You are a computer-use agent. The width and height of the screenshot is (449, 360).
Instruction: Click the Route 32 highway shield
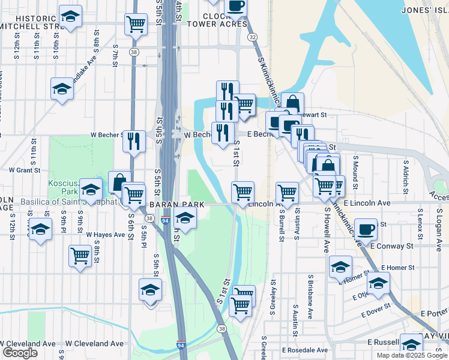pyautogui.click(x=253, y=37)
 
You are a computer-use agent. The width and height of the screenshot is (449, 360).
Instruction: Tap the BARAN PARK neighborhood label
pyautogui.click(x=177, y=205)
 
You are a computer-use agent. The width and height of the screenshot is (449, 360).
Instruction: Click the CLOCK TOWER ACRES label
pyautogui.click(x=217, y=20)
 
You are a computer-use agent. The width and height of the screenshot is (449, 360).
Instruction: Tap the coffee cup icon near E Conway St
pyautogui.click(x=366, y=229)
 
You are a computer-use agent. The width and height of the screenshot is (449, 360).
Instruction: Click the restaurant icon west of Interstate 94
pyautogui.click(x=134, y=142)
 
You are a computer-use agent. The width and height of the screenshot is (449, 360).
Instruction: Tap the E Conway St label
pyautogui.click(x=393, y=246)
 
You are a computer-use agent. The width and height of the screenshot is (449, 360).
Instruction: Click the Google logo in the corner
pyautogui.click(x=20, y=352)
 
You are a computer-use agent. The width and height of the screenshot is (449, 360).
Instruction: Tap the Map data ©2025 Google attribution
pyautogui.click(x=411, y=355)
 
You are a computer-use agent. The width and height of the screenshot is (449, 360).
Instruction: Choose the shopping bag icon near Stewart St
pyautogui.click(x=292, y=103)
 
